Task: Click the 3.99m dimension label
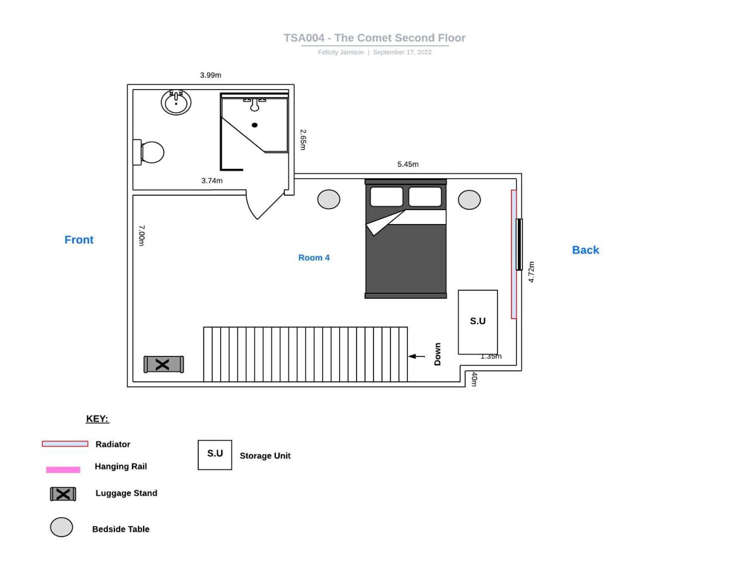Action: point(211,75)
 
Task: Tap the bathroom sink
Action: point(176,102)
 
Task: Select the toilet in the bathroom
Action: point(149,152)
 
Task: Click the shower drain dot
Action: point(255,125)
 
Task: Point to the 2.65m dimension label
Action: point(303,140)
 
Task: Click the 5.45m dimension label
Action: point(408,164)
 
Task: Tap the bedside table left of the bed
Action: point(329,199)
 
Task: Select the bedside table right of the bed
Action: point(469,200)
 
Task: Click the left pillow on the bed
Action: point(387,197)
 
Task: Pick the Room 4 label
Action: point(314,258)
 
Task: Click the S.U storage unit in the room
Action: point(478,322)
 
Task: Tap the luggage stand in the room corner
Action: point(164,364)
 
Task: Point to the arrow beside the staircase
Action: point(416,356)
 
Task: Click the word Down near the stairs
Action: point(438,354)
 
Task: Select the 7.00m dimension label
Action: point(142,235)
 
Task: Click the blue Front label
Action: point(79,240)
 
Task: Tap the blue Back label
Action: point(586,250)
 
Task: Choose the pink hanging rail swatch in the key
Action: point(63,470)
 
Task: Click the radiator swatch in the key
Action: point(65,444)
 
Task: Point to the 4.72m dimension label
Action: point(531,272)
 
